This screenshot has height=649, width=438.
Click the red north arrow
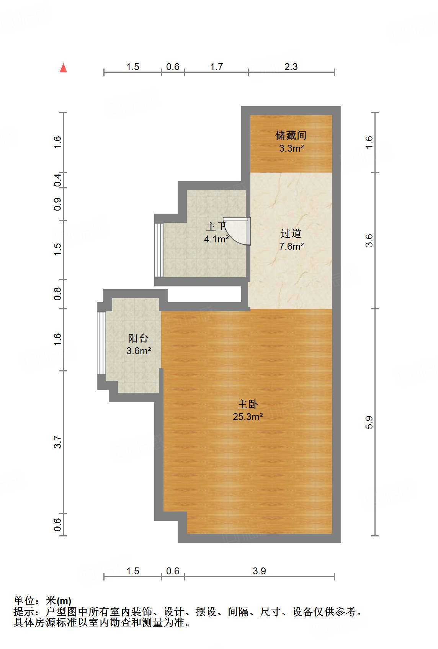[64, 68]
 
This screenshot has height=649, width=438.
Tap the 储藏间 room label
[291, 135]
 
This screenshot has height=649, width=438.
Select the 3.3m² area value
[291, 148]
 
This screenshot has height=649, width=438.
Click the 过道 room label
[291, 233]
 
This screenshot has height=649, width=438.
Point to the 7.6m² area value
[291, 246]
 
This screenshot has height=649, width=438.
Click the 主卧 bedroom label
[248, 404]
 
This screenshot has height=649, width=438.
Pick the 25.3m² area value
[248, 417]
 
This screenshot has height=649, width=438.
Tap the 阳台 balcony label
[138, 338]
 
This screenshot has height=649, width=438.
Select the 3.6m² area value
[139, 351]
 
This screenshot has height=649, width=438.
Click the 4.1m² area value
[216, 239]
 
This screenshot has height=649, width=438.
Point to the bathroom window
[159, 250]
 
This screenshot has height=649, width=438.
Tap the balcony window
[101, 343]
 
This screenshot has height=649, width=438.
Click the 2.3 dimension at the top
[291, 67]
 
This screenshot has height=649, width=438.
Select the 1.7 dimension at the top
[216, 67]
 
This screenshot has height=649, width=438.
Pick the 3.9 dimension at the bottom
[259, 571]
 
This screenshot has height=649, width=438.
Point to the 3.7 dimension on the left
[57, 442]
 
